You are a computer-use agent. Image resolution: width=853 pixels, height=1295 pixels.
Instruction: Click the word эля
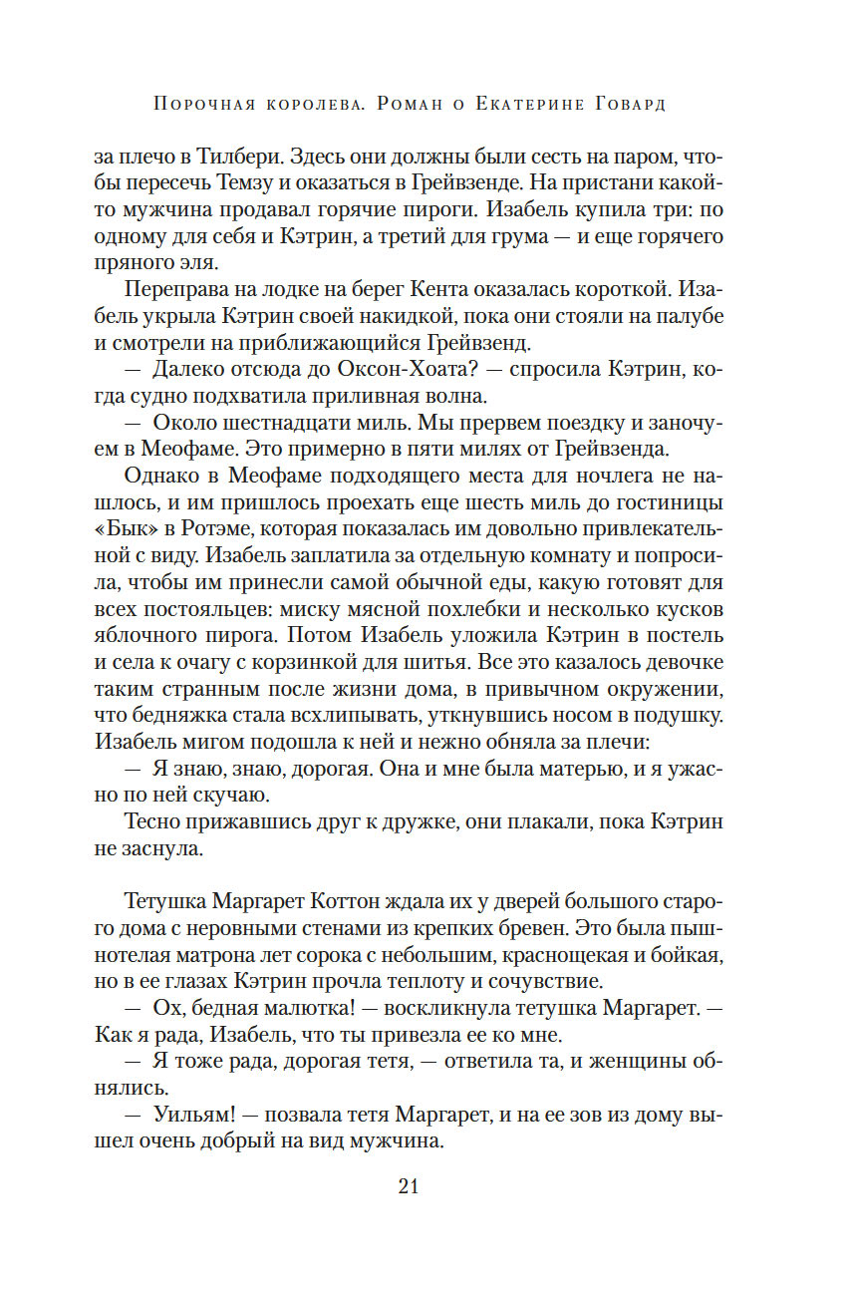(217, 263)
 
